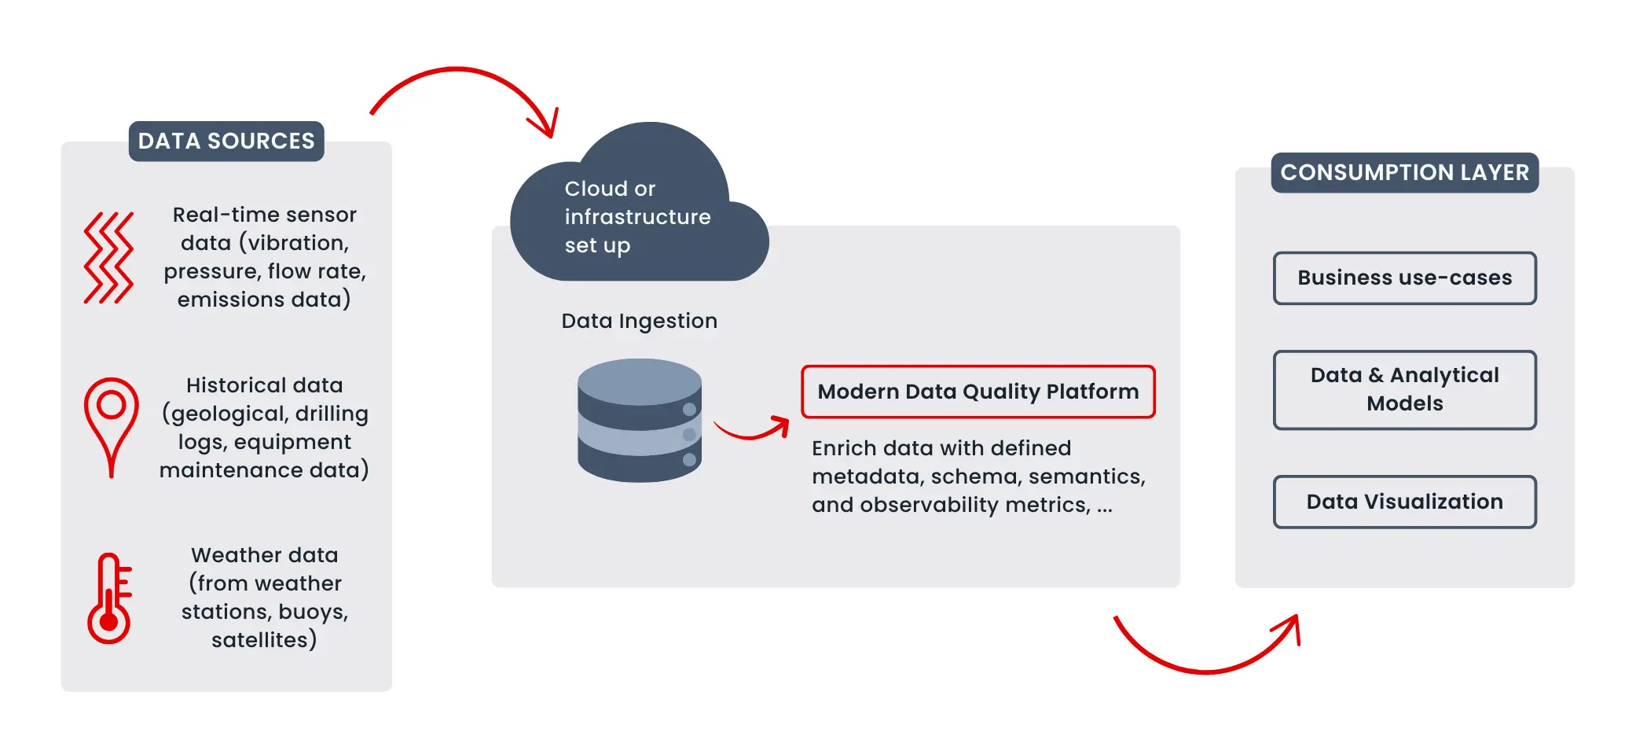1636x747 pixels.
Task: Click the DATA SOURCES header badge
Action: (x=226, y=142)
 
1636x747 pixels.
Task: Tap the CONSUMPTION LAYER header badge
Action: (x=1404, y=173)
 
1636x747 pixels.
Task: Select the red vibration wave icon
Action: (x=108, y=258)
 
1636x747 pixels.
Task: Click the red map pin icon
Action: (x=111, y=425)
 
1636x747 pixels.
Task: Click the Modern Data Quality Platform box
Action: (x=978, y=392)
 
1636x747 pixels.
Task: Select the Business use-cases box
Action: (x=1404, y=278)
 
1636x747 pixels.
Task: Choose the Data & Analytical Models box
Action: (x=1404, y=390)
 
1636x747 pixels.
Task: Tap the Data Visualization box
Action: (x=1404, y=502)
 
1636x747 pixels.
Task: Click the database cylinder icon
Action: (x=639, y=421)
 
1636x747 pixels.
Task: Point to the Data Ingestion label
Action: (x=639, y=321)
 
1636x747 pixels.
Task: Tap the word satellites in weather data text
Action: (x=259, y=640)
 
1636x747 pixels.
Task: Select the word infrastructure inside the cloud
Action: (x=637, y=217)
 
